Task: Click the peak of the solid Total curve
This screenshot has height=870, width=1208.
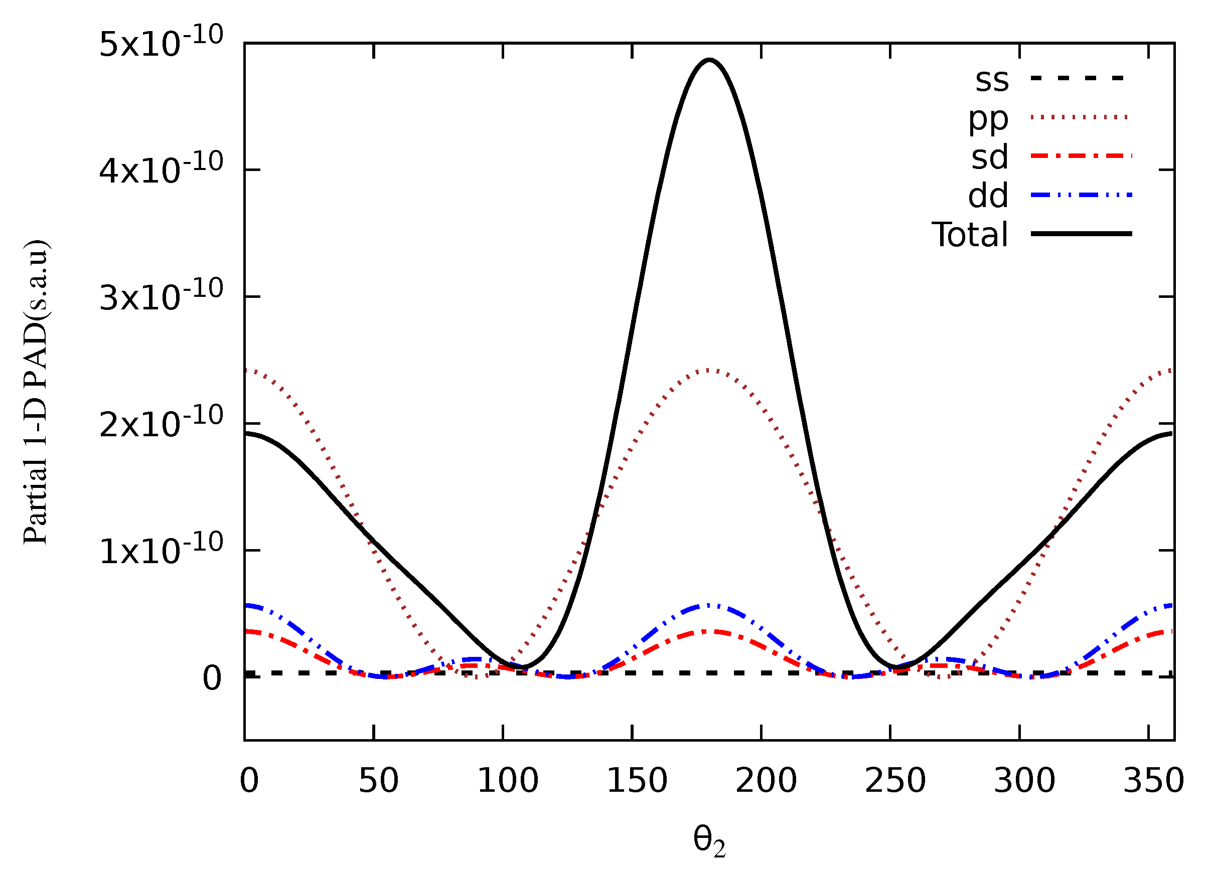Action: coord(709,60)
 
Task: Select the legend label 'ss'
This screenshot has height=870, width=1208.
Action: coord(992,80)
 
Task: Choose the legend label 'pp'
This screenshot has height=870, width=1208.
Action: coord(988,119)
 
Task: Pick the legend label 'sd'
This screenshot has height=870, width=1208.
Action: coord(990,157)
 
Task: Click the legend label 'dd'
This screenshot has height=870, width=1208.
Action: coord(988,196)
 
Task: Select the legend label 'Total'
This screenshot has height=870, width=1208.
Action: coord(969,234)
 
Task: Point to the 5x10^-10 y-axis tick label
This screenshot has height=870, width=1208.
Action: coord(161,43)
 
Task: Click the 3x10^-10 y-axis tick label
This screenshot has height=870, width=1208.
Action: coord(161,296)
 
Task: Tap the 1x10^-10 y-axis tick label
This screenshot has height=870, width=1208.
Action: coord(161,550)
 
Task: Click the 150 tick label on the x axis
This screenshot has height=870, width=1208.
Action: coord(637,781)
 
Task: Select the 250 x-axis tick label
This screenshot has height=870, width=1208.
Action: coord(895,781)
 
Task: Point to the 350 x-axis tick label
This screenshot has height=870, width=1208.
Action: coord(1154,781)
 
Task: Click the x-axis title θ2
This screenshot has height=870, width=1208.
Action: coord(709,841)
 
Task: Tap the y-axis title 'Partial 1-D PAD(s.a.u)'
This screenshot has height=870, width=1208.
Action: coord(36,393)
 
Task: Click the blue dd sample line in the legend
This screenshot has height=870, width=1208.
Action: coord(1081,195)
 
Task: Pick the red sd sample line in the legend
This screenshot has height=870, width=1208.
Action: coord(1081,156)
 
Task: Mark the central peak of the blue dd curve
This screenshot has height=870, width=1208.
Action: coord(708,605)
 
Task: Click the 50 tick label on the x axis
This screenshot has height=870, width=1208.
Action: coord(378,781)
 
